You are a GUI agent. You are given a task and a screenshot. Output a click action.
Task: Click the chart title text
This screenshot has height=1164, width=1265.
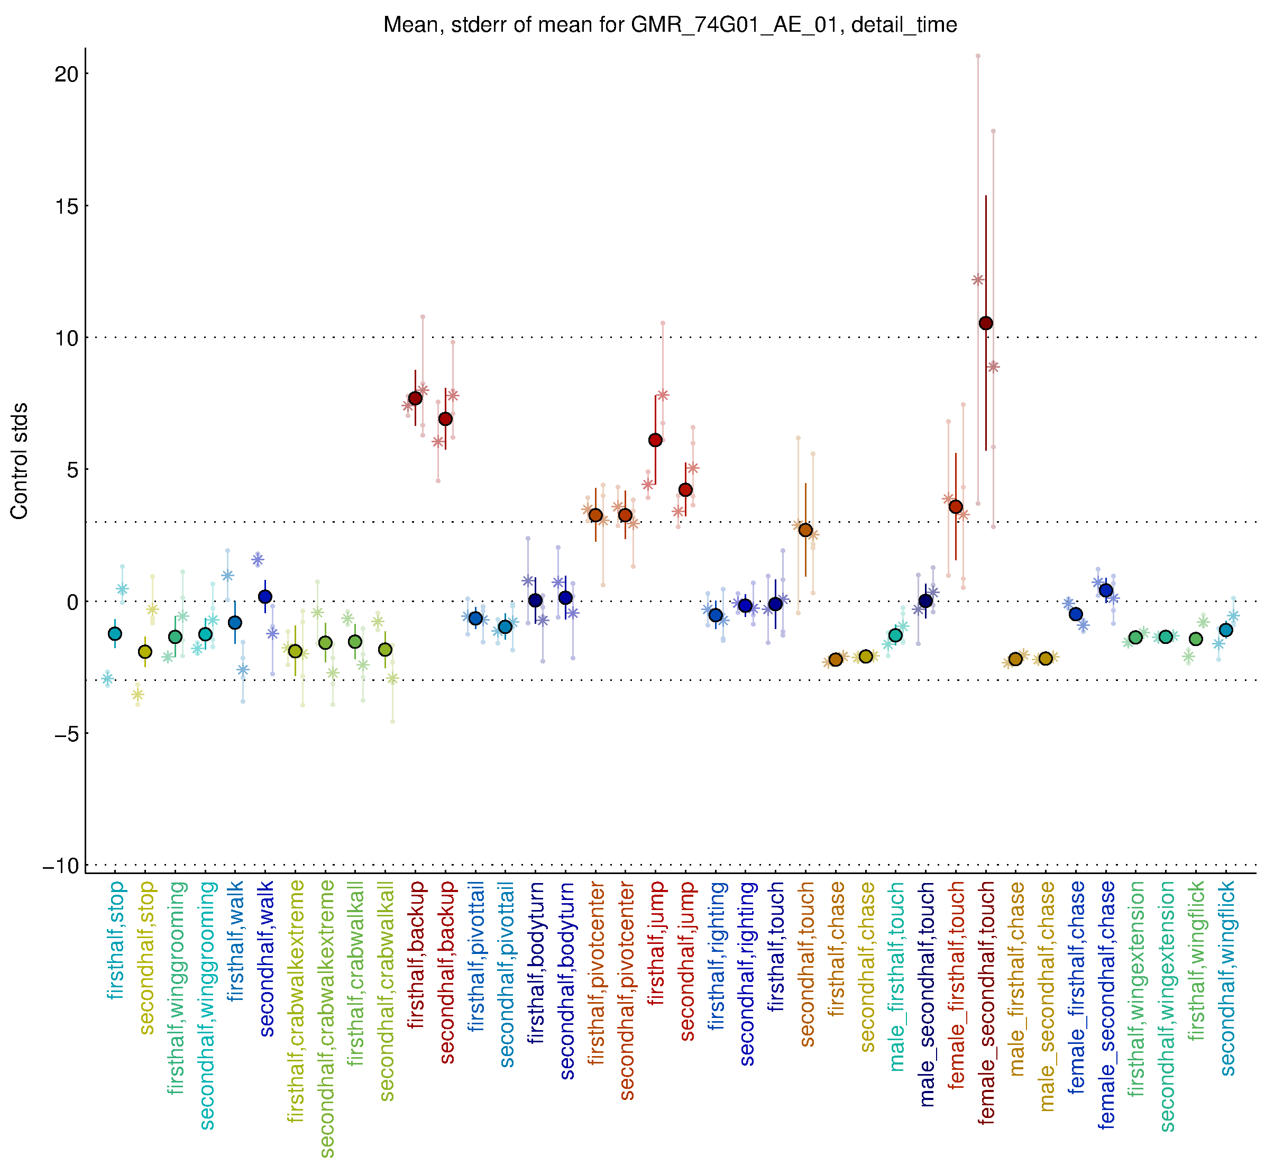coord(670,25)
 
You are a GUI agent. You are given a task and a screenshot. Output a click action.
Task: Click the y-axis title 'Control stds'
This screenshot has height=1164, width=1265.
coord(20,461)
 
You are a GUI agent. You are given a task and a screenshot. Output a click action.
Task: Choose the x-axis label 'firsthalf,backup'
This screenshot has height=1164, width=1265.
coord(416,955)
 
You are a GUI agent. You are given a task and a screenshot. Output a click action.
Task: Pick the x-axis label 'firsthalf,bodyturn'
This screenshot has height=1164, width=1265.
coord(536,963)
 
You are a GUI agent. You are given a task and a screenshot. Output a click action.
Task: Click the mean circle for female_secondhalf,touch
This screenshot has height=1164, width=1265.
coord(986,323)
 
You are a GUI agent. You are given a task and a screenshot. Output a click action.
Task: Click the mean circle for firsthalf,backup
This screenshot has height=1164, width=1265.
coord(416,398)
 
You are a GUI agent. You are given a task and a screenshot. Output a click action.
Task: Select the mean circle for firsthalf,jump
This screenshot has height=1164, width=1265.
coord(655,440)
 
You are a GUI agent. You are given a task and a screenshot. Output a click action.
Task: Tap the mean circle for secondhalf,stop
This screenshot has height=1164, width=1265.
coord(145,651)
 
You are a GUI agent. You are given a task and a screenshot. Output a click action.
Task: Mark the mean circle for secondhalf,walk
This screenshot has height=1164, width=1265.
coord(265,596)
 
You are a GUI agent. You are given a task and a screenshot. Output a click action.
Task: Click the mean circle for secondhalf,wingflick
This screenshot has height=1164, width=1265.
coord(1226,630)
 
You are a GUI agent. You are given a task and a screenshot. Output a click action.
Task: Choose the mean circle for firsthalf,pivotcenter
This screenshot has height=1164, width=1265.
coord(595,515)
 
